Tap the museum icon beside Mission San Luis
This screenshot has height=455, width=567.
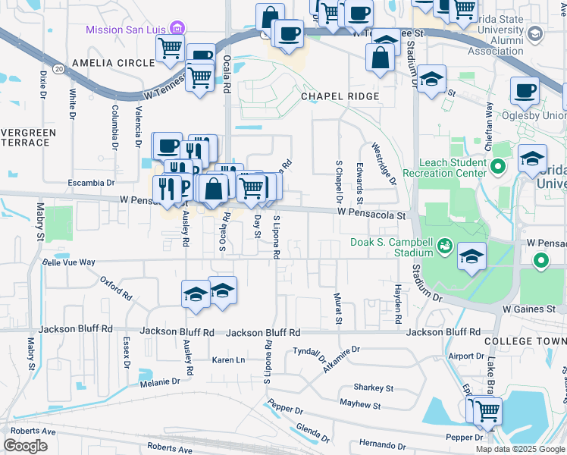point(177,30)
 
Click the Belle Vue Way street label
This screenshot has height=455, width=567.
point(69,262)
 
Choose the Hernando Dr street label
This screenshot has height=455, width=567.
point(383,443)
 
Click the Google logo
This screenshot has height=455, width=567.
point(25,446)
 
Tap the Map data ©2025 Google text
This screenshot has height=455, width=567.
point(519,449)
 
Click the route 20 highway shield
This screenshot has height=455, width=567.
point(58,68)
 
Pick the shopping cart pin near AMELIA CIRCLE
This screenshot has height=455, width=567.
point(171,48)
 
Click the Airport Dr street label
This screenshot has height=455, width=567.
point(465,356)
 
